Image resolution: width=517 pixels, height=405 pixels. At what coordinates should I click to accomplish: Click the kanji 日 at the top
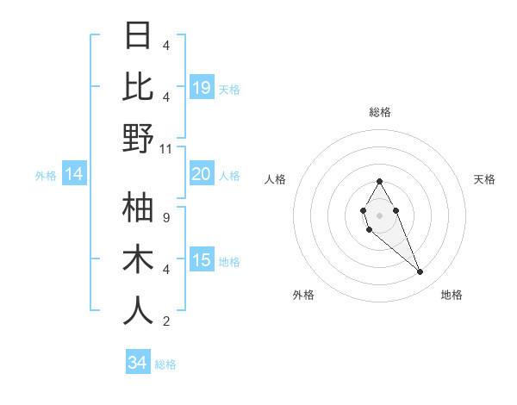(x=138, y=36)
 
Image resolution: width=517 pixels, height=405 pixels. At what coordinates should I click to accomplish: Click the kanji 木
(x=138, y=259)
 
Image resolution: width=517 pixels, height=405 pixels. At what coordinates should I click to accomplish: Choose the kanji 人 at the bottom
(x=138, y=311)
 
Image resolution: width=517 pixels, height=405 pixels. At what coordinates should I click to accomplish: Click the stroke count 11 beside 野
(x=167, y=149)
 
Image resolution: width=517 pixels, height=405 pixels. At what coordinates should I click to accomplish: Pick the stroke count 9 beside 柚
(x=166, y=218)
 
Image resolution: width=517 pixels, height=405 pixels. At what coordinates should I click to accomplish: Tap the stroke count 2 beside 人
(x=166, y=321)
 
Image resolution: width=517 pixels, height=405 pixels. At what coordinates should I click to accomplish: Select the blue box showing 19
(x=202, y=88)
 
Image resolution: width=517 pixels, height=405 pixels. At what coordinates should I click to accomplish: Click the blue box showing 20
(x=202, y=175)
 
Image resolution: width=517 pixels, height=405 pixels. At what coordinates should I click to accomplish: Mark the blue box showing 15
(x=202, y=261)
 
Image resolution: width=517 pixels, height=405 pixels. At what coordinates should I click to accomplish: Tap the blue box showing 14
(x=74, y=175)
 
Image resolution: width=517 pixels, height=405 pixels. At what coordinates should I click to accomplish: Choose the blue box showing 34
(x=138, y=363)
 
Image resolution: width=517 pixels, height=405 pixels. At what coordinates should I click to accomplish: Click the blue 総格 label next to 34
(x=166, y=364)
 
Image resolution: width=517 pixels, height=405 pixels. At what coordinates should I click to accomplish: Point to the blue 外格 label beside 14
(x=46, y=176)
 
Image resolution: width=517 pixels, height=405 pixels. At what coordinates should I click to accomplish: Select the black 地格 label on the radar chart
(x=452, y=295)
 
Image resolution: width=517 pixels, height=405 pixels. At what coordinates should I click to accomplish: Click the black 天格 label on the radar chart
(x=484, y=179)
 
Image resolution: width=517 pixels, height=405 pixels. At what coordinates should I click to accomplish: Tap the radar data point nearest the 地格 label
(x=420, y=272)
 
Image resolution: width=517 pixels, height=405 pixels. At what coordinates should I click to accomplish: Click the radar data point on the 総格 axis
(x=379, y=181)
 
